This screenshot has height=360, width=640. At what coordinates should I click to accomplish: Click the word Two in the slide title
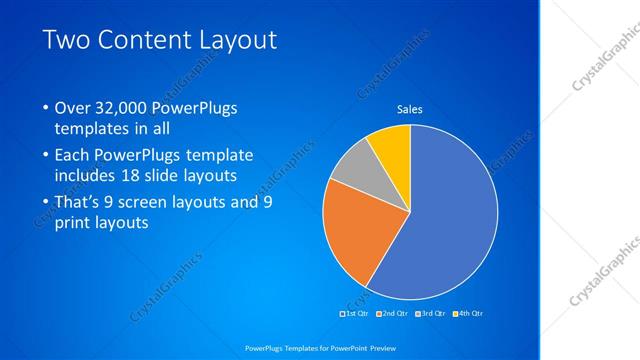[x=70, y=39]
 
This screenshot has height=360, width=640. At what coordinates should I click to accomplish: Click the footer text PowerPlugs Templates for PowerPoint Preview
[x=320, y=347]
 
